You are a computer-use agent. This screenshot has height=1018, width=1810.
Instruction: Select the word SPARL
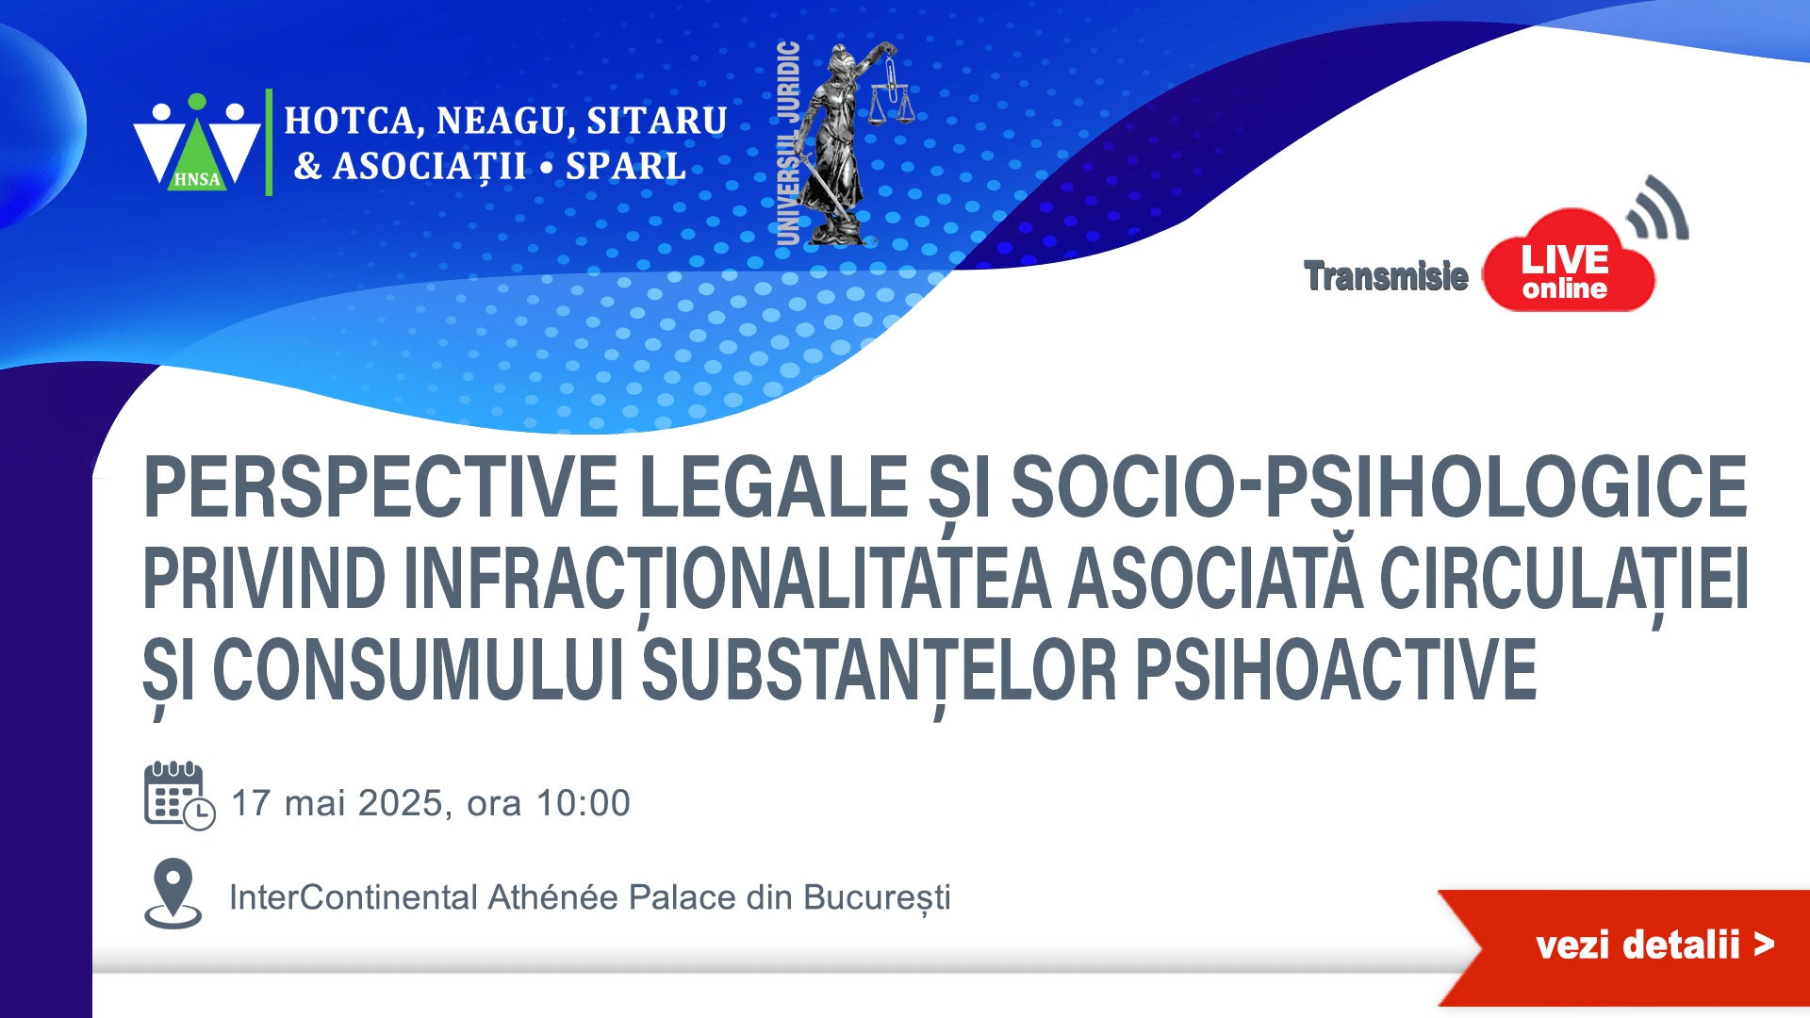[626, 167]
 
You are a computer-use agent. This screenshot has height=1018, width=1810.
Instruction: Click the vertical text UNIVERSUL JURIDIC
[788, 143]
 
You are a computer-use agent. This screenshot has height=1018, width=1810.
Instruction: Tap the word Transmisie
[1386, 276]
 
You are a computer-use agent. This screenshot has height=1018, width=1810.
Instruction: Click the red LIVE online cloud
[1568, 262]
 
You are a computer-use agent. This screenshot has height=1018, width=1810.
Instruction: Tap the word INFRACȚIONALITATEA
[727, 579]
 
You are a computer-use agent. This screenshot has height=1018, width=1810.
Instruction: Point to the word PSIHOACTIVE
[1336, 670]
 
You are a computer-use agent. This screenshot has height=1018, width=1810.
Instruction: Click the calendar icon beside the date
[179, 796]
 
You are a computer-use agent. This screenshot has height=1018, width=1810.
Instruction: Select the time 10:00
[584, 803]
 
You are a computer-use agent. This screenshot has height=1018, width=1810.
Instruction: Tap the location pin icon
[173, 894]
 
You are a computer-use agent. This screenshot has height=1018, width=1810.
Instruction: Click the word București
[878, 898]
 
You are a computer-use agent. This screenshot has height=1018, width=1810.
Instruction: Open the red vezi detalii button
[1624, 946]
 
